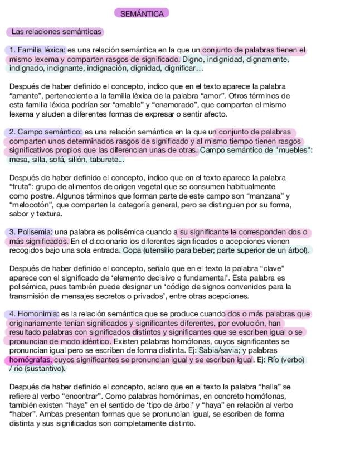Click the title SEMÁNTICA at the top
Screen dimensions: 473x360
tap(142, 13)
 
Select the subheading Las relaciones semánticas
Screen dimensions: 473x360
tap(56, 32)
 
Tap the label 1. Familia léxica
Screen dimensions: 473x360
tap(37, 50)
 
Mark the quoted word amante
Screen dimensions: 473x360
tap(24, 96)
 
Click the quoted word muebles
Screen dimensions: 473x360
tap(293, 151)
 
